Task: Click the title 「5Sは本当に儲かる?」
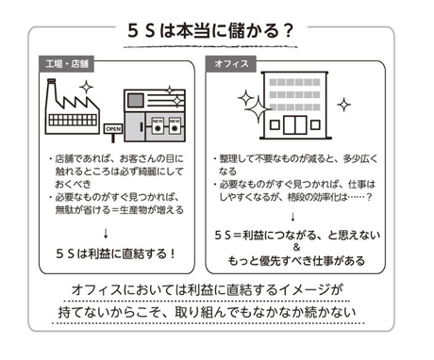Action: click(x=210, y=31)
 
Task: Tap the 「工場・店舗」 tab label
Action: click(x=67, y=64)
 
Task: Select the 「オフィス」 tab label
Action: click(x=231, y=64)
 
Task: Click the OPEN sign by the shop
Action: click(x=113, y=129)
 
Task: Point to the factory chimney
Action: click(x=51, y=91)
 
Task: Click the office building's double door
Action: click(x=295, y=125)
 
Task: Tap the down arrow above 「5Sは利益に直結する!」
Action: click(x=106, y=234)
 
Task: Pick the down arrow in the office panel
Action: click(x=292, y=217)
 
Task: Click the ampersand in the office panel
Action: click(x=296, y=247)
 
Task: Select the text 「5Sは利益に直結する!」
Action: click(x=115, y=254)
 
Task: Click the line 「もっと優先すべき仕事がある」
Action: click(x=296, y=260)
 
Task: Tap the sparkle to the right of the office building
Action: click(x=343, y=105)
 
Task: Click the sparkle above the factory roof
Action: click(x=86, y=87)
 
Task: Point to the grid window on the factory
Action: click(x=73, y=120)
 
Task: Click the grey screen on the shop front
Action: click(x=136, y=100)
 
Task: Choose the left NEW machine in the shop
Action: click(x=158, y=125)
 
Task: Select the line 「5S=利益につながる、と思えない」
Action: click(x=297, y=235)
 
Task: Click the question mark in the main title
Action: click(x=288, y=31)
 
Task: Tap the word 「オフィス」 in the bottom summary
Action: click(x=97, y=289)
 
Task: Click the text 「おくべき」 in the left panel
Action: click(x=73, y=185)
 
